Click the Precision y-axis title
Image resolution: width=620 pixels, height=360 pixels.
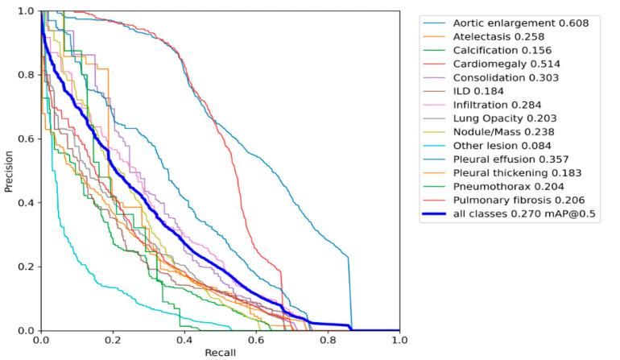tap(8, 170)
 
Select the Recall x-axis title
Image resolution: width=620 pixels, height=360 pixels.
tap(220, 353)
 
